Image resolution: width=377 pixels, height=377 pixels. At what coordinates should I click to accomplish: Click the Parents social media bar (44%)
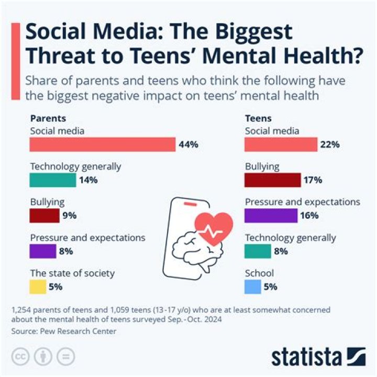click(103, 145)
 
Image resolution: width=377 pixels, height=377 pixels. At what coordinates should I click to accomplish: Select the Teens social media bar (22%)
click(281, 145)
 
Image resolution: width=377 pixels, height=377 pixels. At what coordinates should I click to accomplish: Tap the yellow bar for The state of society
click(38, 286)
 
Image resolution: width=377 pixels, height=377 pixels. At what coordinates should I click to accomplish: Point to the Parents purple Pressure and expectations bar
click(43, 251)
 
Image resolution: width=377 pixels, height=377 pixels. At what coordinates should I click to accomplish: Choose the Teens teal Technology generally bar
click(258, 251)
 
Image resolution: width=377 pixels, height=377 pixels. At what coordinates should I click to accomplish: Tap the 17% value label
click(313, 181)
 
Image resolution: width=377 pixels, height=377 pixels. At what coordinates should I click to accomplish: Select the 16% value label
click(309, 216)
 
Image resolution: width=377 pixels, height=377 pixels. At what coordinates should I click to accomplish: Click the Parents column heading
click(48, 118)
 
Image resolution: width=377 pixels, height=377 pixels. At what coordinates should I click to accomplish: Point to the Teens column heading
click(258, 118)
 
